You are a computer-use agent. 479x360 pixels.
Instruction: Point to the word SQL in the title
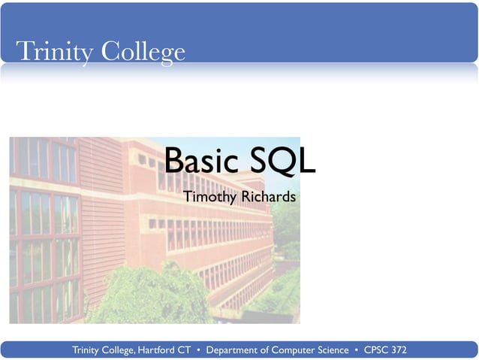point(282,160)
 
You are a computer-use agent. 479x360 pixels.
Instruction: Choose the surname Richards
point(268,197)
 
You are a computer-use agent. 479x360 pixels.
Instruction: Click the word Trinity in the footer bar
point(87,350)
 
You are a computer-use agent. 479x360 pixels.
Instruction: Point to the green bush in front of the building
point(143,297)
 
